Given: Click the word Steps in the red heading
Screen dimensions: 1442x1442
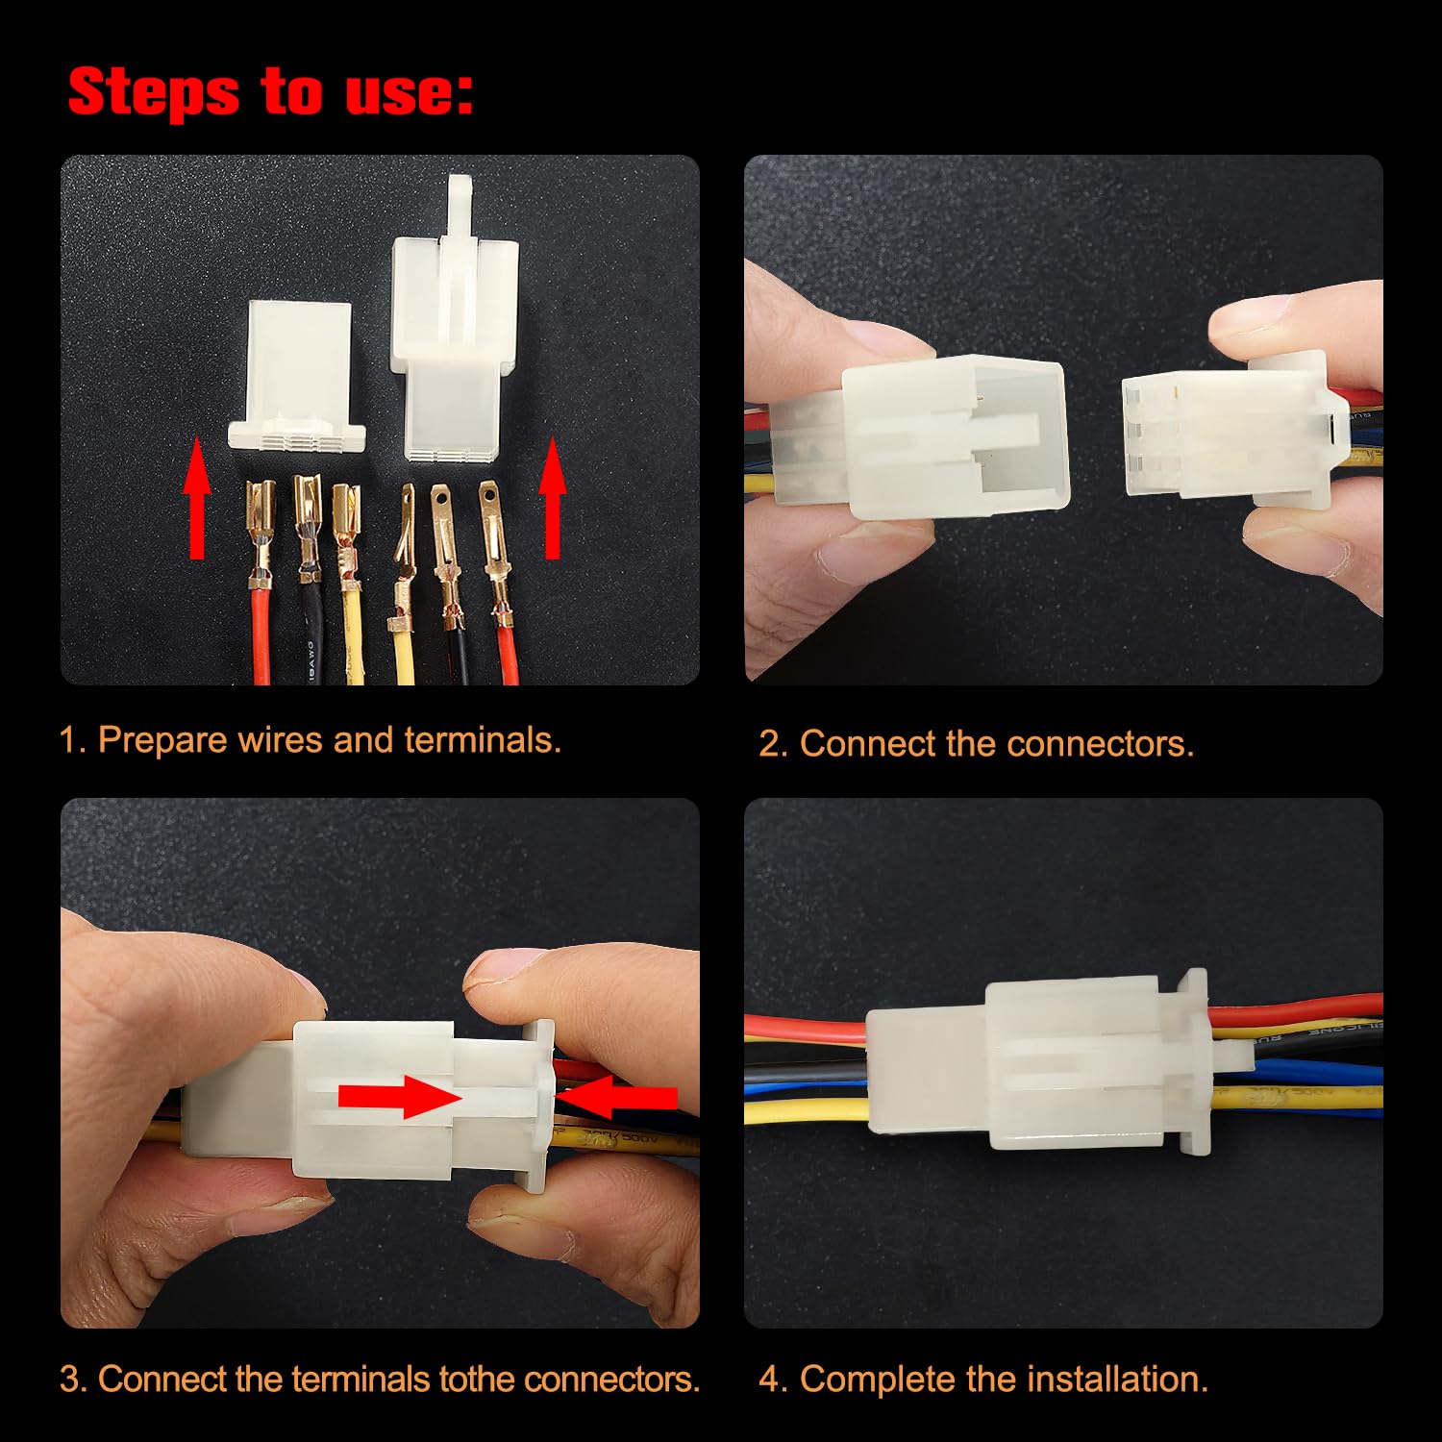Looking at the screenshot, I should (154, 93).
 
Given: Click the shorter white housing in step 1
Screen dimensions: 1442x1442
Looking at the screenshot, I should (298, 375).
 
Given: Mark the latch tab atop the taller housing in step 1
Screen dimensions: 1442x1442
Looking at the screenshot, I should (460, 207).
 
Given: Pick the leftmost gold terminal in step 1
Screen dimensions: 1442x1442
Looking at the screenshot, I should (261, 519).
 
